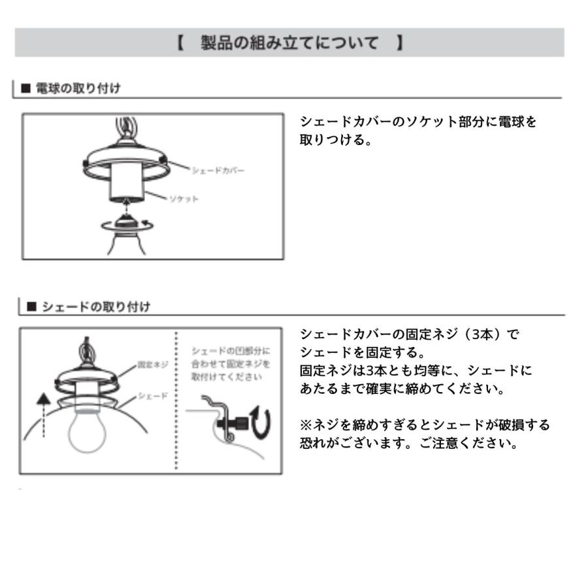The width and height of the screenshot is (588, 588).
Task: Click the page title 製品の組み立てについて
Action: (289, 43)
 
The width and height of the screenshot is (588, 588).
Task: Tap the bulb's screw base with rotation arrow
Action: (126, 225)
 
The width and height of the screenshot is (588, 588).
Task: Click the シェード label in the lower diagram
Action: (154, 396)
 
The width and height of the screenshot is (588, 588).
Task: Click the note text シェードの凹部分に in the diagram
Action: (230, 351)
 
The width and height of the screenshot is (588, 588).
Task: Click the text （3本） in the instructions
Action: (482, 334)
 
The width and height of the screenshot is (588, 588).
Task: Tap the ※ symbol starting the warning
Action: (305, 425)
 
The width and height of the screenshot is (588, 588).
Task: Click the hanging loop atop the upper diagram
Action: (124, 126)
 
